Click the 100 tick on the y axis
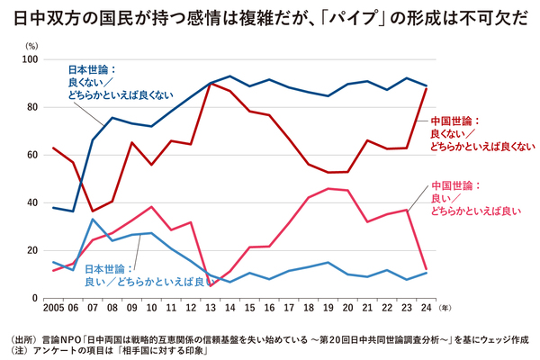coord(35,59)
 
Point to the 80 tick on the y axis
coord(37,107)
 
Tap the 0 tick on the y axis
coord(40,298)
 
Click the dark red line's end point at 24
coord(427,87)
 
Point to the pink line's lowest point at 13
coord(211,284)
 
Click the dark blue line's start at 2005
coord(53,208)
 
